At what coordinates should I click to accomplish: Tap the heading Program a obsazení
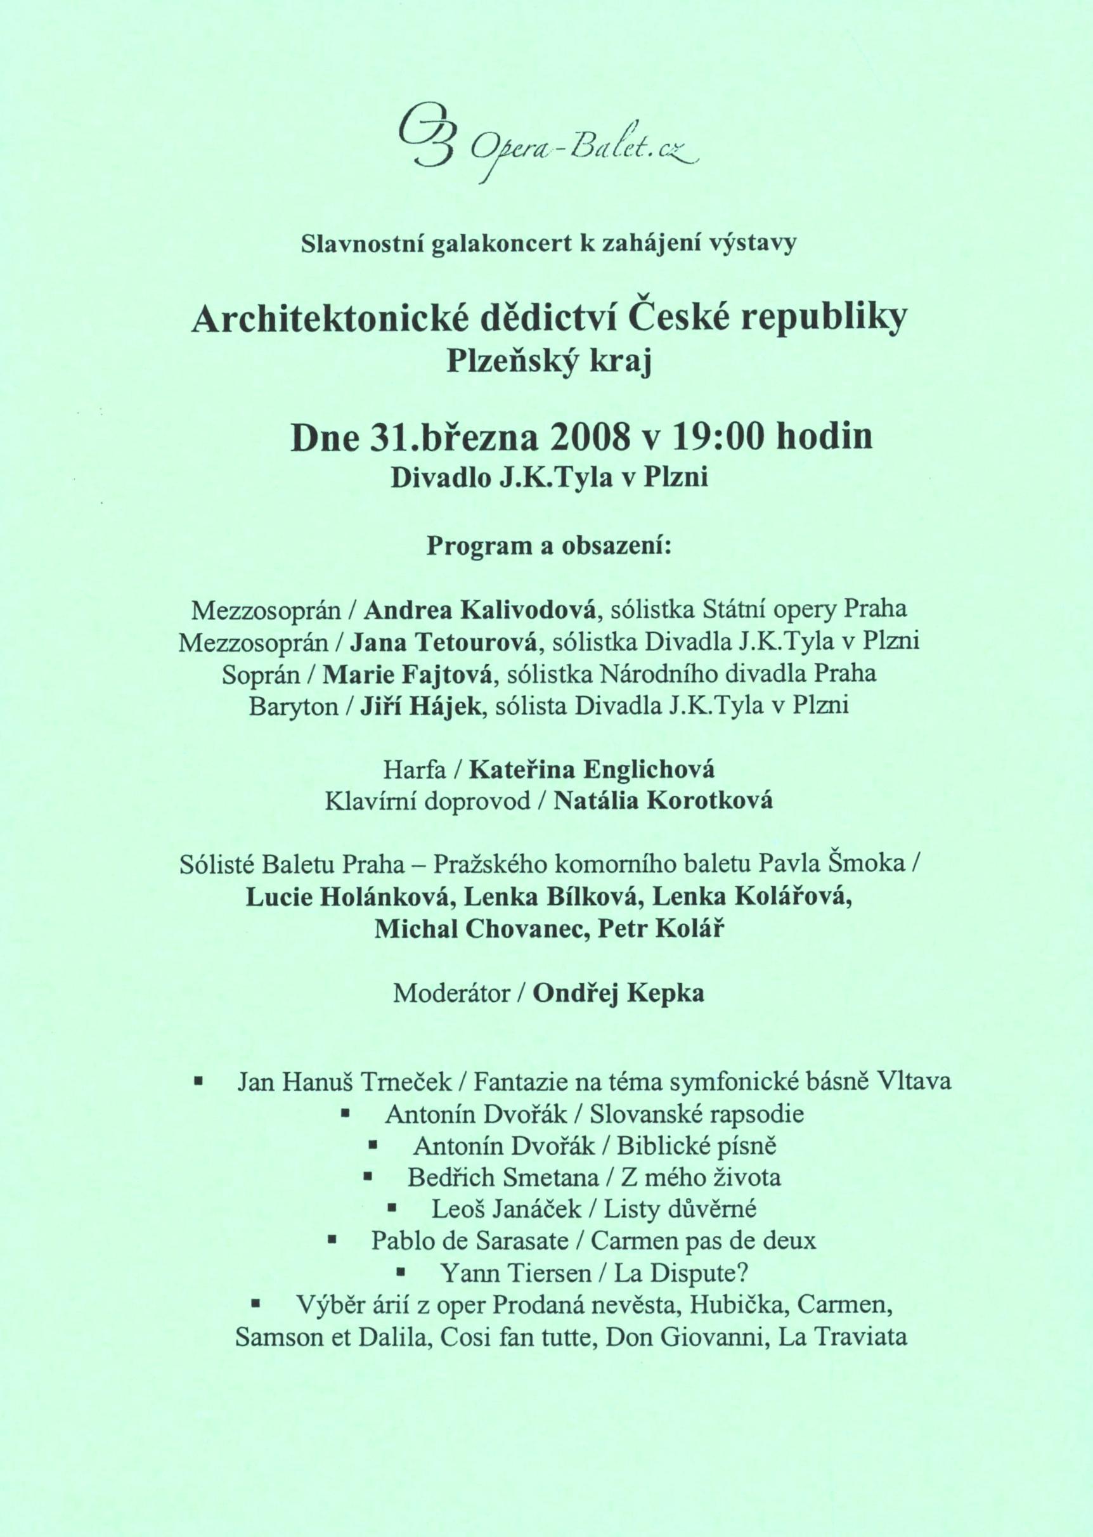548,546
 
